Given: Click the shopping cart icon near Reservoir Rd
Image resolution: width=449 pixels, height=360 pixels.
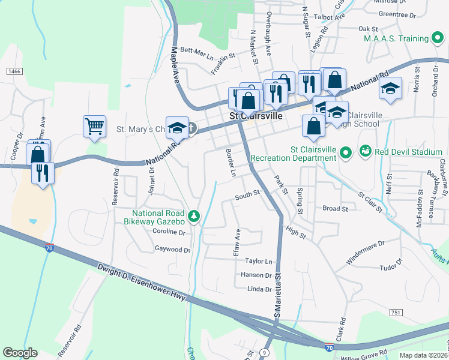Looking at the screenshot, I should pyautogui.click(x=95, y=126).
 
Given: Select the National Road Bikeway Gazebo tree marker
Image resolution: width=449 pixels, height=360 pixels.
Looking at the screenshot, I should pyautogui.click(x=193, y=215).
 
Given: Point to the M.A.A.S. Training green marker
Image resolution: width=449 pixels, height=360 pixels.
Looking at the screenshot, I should pyautogui.click(x=439, y=39).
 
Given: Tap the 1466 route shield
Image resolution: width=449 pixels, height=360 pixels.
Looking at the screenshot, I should pyautogui.click(x=14, y=71).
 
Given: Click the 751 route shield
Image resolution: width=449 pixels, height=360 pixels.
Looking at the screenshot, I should pyautogui.click(x=395, y=313).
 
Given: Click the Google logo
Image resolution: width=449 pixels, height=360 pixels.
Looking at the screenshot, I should pyautogui.click(x=20, y=352).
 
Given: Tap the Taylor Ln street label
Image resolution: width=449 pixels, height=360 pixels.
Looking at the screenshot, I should pyautogui.click(x=259, y=261).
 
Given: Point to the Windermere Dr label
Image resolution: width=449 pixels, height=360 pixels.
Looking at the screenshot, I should pyautogui.click(x=365, y=253).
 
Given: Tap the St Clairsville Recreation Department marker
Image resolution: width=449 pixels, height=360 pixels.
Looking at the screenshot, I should pyautogui.click(x=345, y=153).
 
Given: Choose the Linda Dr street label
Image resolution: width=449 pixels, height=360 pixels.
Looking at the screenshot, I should pyautogui.click(x=259, y=289).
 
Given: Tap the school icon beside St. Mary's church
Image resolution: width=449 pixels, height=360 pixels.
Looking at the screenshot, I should pyautogui.click(x=176, y=127).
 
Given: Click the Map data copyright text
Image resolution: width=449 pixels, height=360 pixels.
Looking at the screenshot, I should pyautogui.click(x=424, y=355).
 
